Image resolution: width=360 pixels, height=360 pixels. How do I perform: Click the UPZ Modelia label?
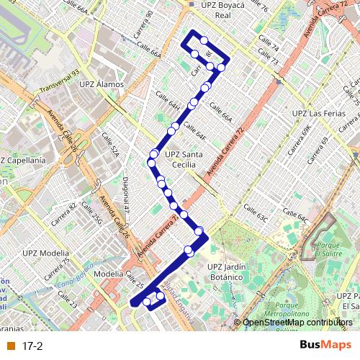(45, 253)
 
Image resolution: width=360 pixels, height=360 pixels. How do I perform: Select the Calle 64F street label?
(194, 131)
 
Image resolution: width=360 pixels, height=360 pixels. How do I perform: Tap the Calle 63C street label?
(256, 212)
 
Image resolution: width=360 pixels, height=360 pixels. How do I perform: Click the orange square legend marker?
(10, 346)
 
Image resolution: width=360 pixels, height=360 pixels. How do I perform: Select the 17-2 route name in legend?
(32, 346)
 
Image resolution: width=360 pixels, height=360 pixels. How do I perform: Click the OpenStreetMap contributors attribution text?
(297, 323)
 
